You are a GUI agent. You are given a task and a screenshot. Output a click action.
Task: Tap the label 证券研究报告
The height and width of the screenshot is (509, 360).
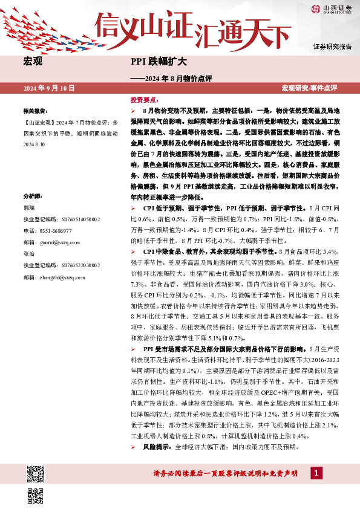point(332,47)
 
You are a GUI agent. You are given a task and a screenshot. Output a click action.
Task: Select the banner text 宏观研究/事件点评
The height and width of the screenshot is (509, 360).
point(309,88)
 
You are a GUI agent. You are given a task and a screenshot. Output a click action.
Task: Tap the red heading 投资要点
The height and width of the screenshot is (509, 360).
point(144,99)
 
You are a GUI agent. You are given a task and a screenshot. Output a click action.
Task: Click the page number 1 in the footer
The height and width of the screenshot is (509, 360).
point(315,473)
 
